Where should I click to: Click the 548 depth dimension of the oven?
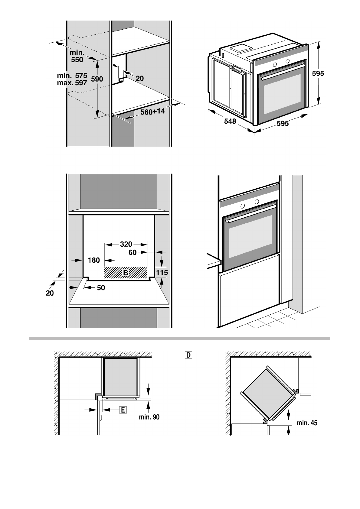tap(230, 122)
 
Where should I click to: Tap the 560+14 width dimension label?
tap(152, 112)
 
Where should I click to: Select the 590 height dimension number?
tap(97, 79)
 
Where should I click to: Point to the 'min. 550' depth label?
tap(77, 57)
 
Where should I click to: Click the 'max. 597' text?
tap(72, 83)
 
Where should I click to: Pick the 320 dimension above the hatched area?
tap(126, 244)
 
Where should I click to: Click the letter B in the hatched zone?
tap(126, 273)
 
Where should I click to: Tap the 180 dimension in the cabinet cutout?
tap(94, 260)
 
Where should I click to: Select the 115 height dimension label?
tap(162, 273)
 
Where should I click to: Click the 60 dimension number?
tap(133, 252)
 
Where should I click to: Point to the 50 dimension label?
tap(101, 288)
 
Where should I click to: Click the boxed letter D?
tap(188, 355)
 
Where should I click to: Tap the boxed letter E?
tap(123, 410)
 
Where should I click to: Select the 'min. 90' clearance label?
tap(149, 417)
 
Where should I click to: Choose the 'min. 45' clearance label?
tap(307, 423)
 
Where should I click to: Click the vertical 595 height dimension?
tap(318, 73)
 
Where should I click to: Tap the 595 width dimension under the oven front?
tap(283, 123)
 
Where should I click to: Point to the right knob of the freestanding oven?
tap(287, 61)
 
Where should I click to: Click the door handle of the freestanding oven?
tap(281, 71)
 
